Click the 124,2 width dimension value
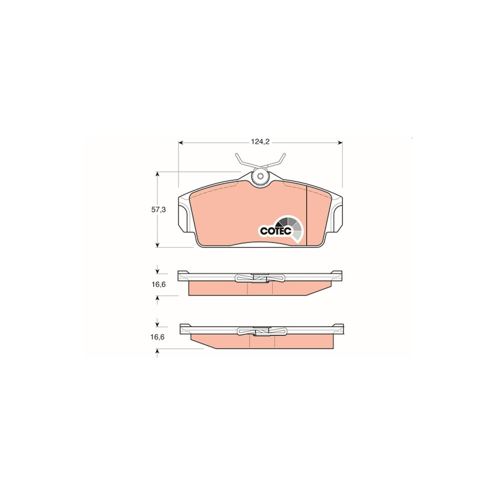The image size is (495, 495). point(260,142)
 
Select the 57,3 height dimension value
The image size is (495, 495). point(158,210)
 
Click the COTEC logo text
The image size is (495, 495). point(276,231)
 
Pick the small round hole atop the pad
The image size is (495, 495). point(260,177)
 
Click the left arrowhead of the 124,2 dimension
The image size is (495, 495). point(181,143)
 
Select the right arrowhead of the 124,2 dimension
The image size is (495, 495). point(340,143)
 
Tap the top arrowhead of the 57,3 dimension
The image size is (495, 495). point(158,174)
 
